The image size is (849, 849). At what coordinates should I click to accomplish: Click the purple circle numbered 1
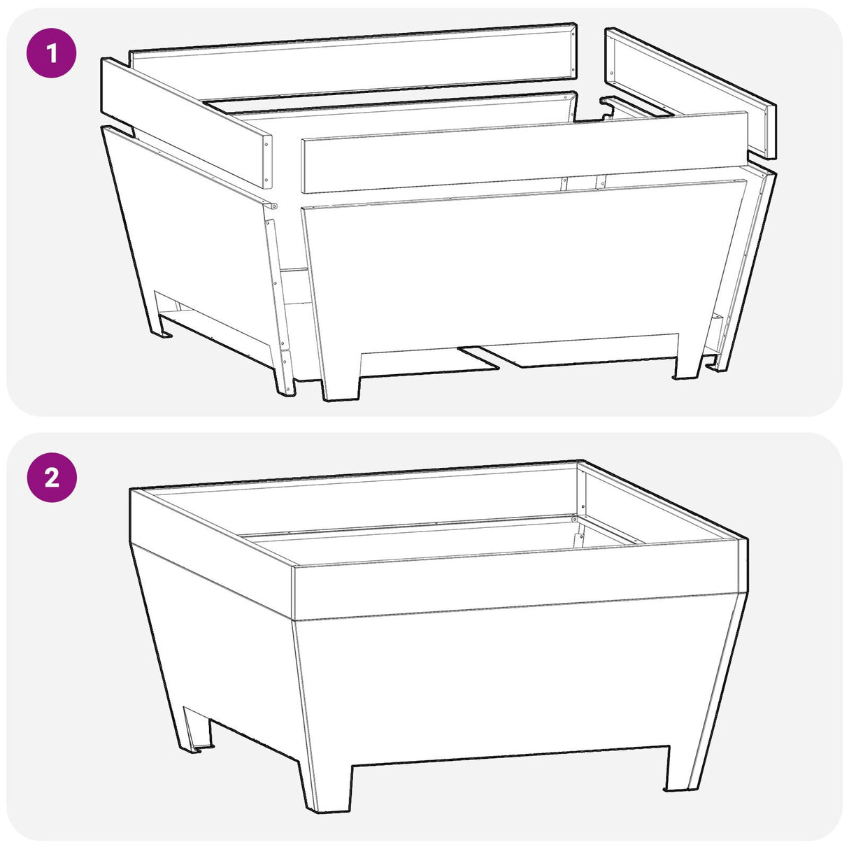point(50,52)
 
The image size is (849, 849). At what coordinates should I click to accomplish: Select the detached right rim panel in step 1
point(689,91)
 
